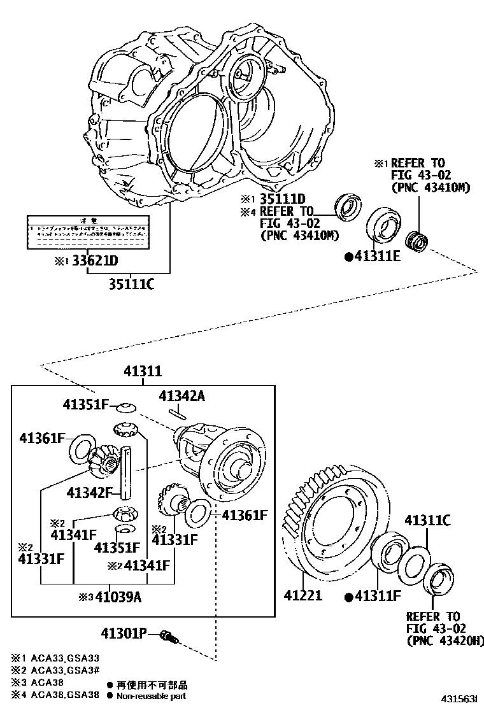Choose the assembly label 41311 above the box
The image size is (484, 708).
click(x=143, y=372)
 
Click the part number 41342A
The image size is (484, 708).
click(x=182, y=396)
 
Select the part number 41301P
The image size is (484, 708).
click(x=124, y=633)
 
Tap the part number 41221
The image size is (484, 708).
click(x=302, y=596)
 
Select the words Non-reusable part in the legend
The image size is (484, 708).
click(x=152, y=696)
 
